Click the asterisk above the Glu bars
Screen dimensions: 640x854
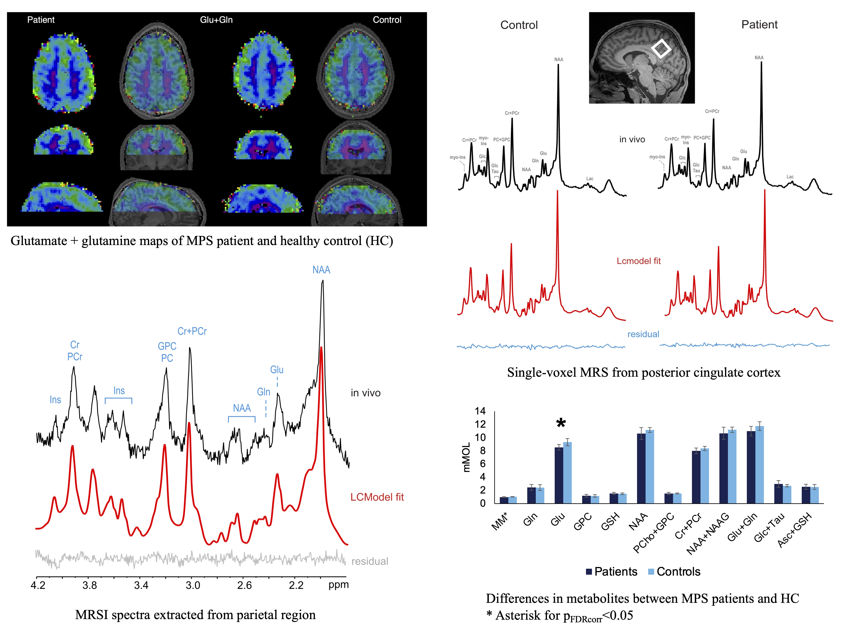pos(561,424)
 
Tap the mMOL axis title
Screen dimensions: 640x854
pos(466,457)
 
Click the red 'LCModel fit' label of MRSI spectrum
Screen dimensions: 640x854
pos(377,497)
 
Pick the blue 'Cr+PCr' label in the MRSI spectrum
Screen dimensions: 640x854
pos(192,331)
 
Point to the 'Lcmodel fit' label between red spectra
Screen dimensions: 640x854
pos(639,261)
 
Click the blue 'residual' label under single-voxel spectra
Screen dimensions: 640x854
pos(643,334)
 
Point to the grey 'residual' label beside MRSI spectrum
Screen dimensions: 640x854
pos(369,561)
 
